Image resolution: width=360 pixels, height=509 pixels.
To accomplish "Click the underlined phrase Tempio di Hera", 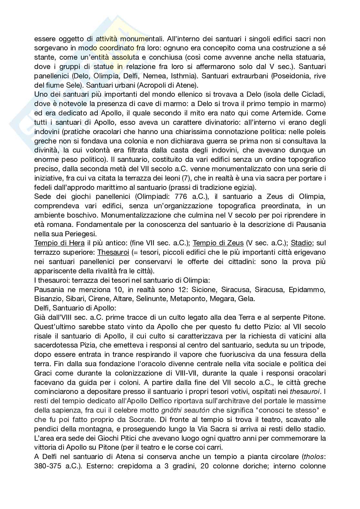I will [x=59, y=243].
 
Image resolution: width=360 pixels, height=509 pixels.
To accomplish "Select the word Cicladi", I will [x=310, y=94].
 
